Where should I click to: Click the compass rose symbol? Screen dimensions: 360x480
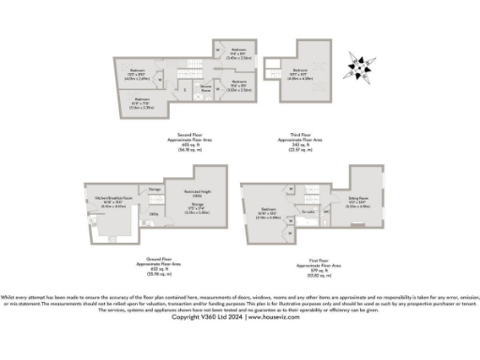click(x=358, y=67)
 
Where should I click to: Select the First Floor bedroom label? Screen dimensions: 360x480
click(x=268, y=209)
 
